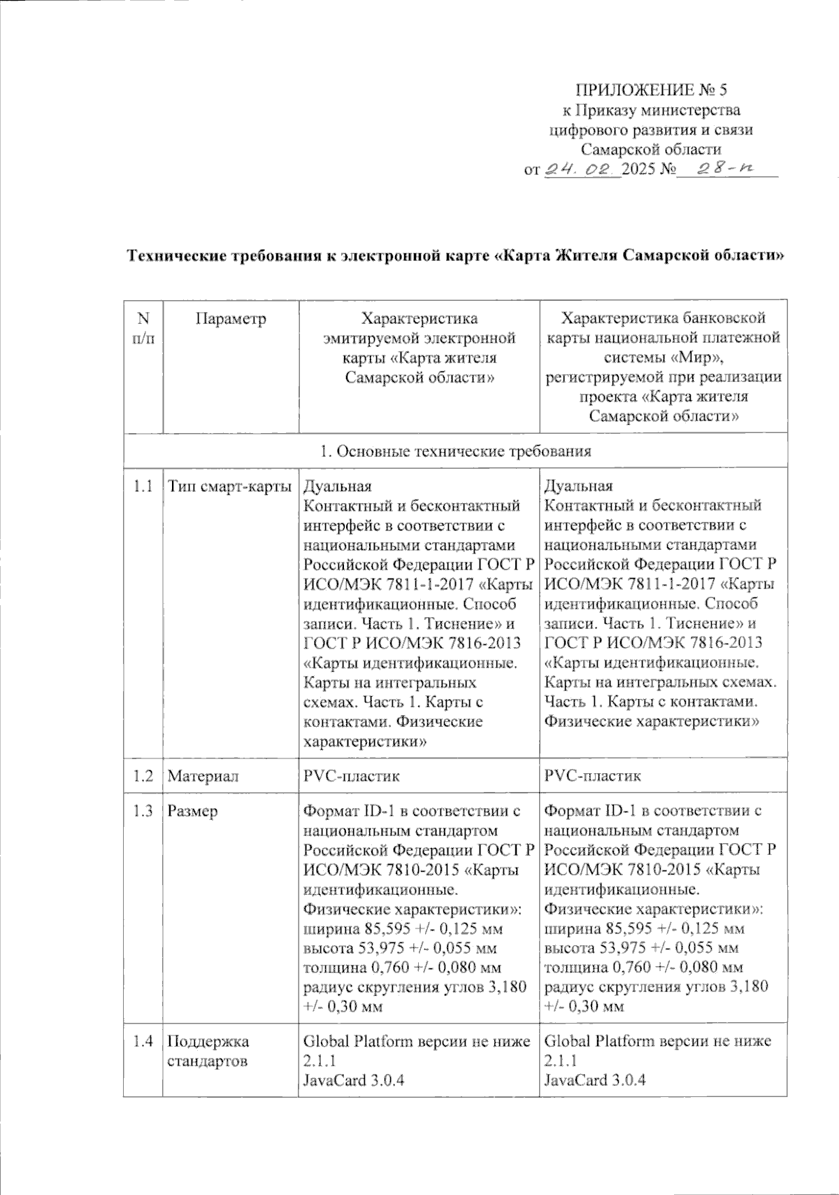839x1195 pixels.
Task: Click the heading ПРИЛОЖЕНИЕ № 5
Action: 651,90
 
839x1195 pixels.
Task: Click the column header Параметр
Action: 231,319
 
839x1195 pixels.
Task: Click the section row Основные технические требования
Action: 455,451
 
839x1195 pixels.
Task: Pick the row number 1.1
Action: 143,486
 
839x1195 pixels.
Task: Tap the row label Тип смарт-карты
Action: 230,486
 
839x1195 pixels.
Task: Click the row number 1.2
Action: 143,776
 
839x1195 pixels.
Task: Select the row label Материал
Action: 203,776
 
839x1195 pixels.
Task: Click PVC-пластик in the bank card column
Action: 592,776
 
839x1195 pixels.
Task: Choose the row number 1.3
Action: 143,812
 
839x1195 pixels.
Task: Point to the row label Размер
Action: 193,812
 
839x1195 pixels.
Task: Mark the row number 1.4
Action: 143,1041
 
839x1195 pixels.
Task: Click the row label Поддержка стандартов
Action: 208,1051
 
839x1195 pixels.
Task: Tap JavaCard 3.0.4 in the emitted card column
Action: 353,1080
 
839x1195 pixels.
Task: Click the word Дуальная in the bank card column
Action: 578,486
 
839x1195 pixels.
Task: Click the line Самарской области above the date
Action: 651,149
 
